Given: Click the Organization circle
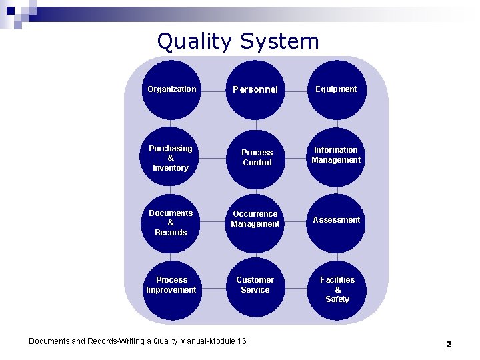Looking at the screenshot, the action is [171, 90].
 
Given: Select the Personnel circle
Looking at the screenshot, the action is [255, 90].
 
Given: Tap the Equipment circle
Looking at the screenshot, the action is [337, 90].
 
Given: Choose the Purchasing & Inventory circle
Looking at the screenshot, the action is [171, 157].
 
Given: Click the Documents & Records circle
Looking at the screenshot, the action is [171, 223].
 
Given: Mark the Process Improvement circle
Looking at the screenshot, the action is [171, 287].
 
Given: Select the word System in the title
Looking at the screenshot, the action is [280, 41].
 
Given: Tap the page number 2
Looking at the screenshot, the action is [449, 344].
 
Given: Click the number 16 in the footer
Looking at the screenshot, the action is [241, 341].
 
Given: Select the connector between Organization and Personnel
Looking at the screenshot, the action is [213, 90].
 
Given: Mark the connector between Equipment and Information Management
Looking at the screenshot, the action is [337, 123].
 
